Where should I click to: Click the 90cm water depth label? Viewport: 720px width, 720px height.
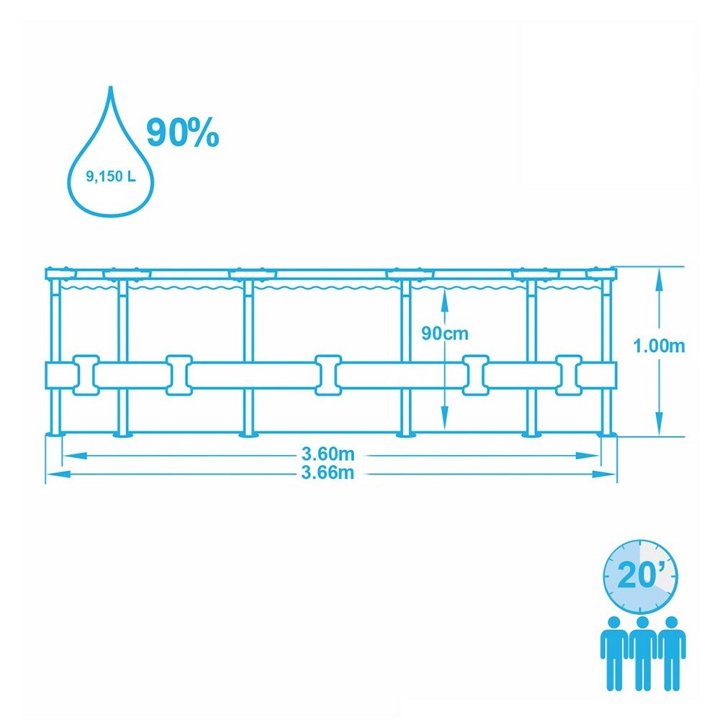445,333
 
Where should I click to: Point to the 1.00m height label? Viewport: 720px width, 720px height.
659,346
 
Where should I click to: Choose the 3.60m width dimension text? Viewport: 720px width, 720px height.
328,454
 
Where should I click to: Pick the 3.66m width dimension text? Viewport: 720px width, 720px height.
328,473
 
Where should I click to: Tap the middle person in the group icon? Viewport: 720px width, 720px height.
642,651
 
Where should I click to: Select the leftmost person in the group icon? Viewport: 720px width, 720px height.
613,651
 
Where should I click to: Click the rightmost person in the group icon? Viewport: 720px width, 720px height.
671,651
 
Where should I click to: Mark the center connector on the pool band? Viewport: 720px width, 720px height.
328,374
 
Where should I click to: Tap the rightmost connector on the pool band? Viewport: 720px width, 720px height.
568,374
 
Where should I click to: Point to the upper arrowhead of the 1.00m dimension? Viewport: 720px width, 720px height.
659,274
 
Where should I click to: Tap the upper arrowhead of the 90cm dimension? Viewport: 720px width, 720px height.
445,294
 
